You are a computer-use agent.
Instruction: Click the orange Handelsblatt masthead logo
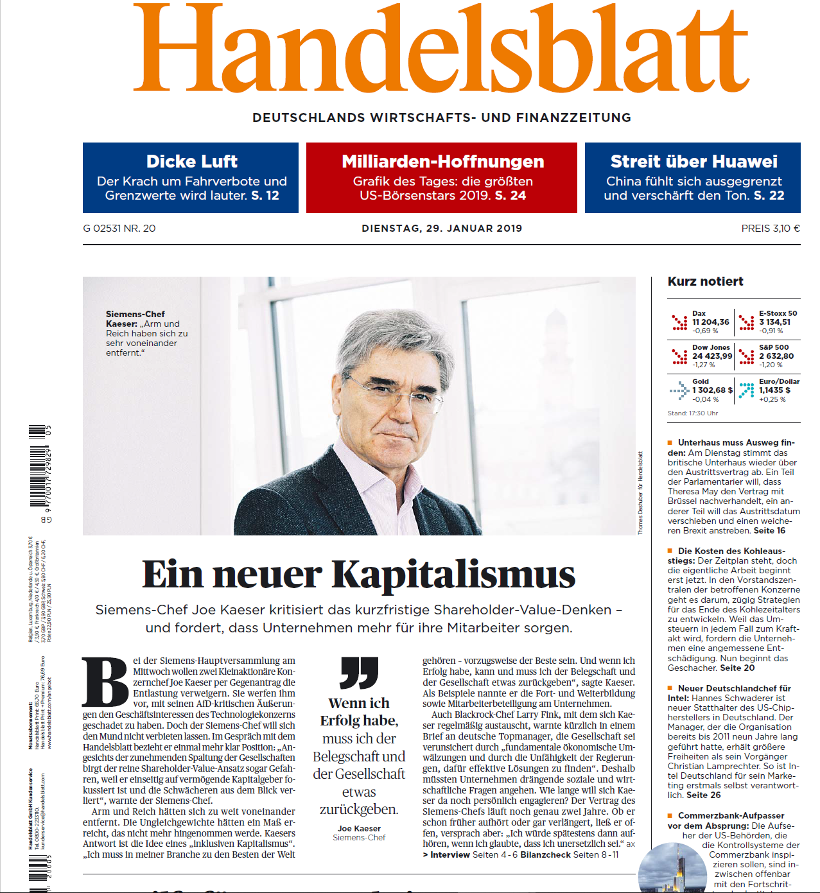point(441,48)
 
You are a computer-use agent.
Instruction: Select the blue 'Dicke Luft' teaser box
point(191,178)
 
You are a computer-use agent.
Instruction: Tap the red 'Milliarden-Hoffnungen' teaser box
point(442,178)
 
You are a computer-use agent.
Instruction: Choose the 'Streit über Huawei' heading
point(694,161)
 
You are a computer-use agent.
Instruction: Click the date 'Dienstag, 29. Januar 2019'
point(442,229)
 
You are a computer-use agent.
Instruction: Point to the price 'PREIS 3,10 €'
point(770,229)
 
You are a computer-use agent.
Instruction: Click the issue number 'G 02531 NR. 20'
point(119,229)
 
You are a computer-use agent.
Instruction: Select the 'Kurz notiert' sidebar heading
point(705,282)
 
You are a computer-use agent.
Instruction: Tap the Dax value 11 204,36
point(710,322)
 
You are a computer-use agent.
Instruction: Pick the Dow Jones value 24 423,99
point(711,356)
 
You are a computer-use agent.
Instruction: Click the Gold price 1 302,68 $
point(712,390)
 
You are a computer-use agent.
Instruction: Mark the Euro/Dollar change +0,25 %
point(772,399)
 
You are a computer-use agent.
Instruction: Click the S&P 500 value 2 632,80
point(776,356)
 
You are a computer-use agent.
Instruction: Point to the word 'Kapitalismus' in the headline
point(453,574)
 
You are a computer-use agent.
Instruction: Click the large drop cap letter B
point(106,682)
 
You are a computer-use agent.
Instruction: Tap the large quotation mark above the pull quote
point(359,672)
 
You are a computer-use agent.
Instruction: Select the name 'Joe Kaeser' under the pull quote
point(359,829)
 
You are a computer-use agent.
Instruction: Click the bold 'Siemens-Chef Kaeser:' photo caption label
point(135,319)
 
